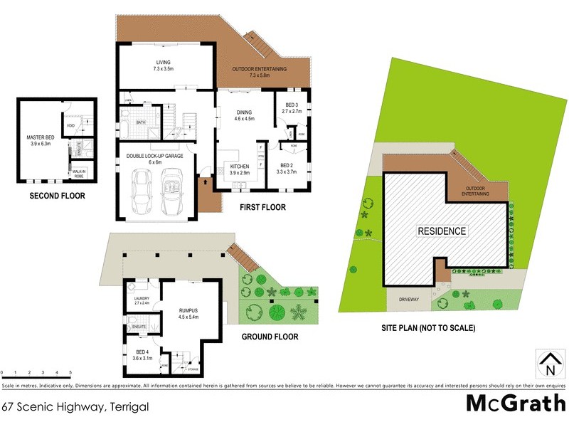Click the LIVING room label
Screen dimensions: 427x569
point(165,63)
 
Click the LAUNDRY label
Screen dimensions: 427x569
point(142,300)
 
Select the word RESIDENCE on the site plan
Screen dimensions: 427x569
point(442,231)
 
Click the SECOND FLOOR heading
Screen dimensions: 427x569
point(57,195)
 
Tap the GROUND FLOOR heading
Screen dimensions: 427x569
point(269,337)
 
